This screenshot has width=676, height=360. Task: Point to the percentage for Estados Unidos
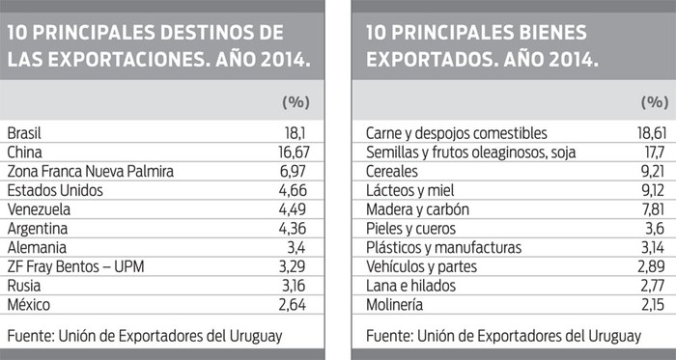[x=291, y=190]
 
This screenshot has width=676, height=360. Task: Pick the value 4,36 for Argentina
[x=291, y=228]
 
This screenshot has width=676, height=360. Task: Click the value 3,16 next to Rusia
[x=292, y=285]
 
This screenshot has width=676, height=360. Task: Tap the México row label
[x=30, y=304]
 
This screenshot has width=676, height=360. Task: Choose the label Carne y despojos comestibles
[x=457, y=133]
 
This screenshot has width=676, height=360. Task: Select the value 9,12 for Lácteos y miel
[x=651, y=190]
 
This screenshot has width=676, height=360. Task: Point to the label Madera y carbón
[x=416, y=209]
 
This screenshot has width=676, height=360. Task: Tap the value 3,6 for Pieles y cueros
[x=654, y=228]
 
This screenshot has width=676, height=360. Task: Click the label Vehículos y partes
[x=423, y=265]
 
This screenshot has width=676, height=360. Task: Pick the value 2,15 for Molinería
[x=651, y=304]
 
